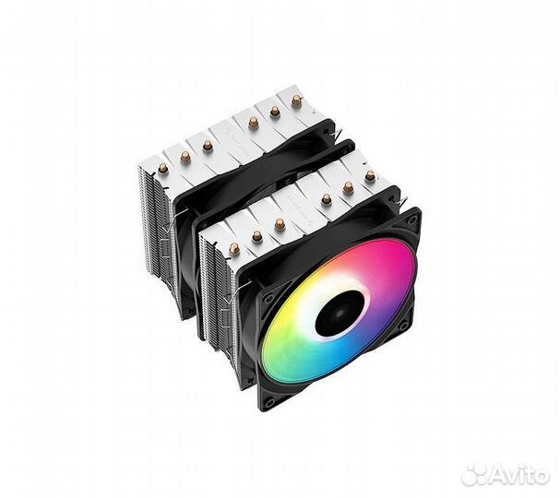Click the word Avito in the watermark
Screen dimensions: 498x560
[520, 475]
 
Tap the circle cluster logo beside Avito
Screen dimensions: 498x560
[474, 474]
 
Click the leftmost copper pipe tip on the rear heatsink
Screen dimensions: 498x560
[162, 168]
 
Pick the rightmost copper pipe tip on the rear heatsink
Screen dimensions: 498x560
[296, 99]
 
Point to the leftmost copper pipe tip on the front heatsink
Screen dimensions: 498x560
[234, 248]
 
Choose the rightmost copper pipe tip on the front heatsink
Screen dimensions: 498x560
[370, 175]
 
